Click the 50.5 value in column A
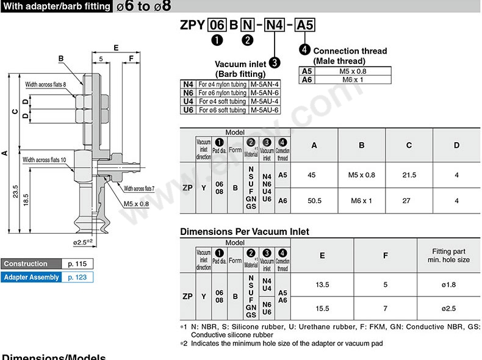click(x=315, y=200)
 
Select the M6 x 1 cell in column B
click(x=361, y=200)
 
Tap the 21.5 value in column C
click(x=409, y=175)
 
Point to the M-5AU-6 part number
click(x=264, y=110)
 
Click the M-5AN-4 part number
click(x=264, y=84)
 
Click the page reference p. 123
click(x=77, y=277)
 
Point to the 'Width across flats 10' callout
click(x=53, y=160)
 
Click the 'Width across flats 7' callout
click(x=140, y=189)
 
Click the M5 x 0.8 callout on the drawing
click(x=136, y=204)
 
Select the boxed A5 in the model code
click(x=305, y=25)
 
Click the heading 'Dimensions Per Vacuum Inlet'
click(x=245, y=232)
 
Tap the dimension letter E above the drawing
click(x=115, y=47)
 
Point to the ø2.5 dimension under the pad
click(x=82, y=242)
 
